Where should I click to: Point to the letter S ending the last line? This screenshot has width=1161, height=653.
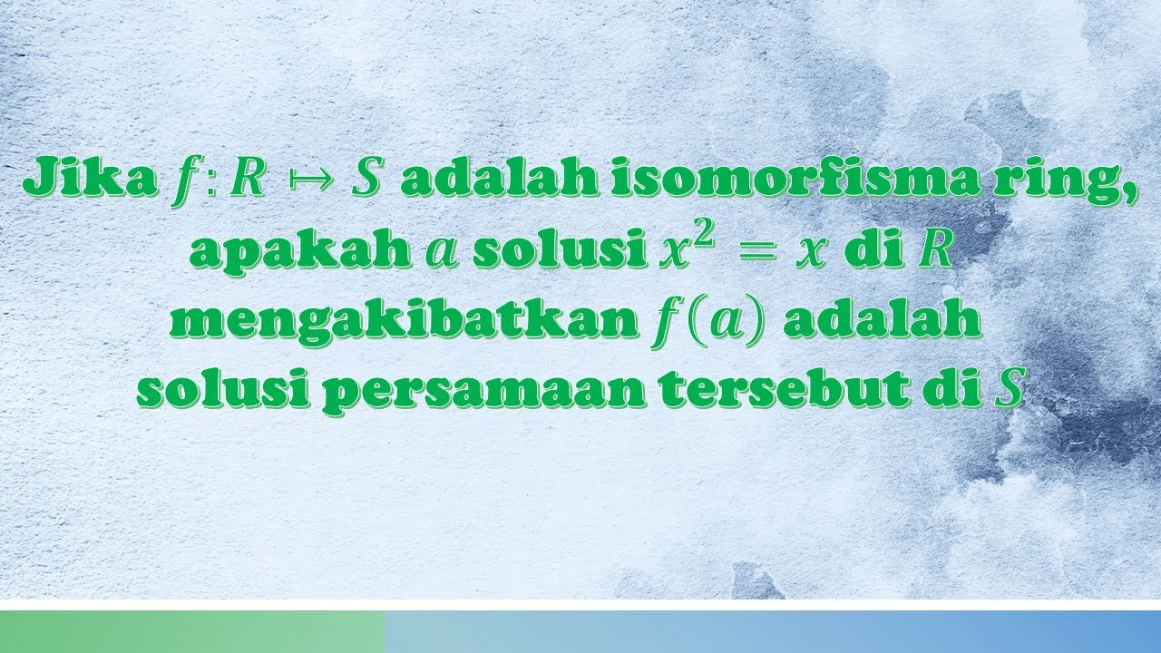pyautogui.click(x=1004, y=393)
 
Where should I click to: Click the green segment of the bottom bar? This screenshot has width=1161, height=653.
pyautogui.click(x=191, y=631)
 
